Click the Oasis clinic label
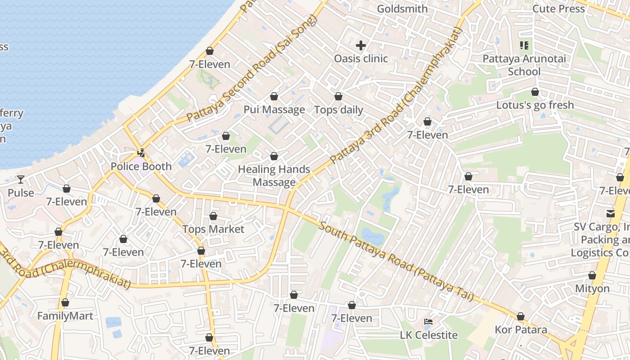[361, 58]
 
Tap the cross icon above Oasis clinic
[361, 45]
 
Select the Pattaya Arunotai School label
[524, 65]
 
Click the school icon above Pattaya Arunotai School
[524, 45]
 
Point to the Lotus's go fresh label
[535, 105]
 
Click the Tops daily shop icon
[338, 97]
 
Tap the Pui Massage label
[274, 110]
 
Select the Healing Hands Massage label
[274, 175]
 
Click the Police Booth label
[141, 166]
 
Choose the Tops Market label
[213, 229]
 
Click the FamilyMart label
[65, 316]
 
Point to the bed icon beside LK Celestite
[428, 322]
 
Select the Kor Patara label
[521, 330]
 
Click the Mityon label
[592, 288]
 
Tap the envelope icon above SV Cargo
[611, 213]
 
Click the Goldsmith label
[402, 9]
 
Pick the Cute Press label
[558, 9]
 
